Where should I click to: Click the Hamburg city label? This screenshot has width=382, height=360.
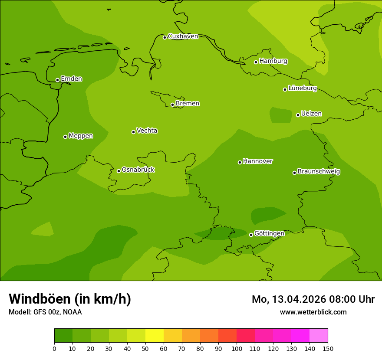point(273,61)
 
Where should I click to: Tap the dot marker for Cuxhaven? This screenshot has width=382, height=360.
point(165,37)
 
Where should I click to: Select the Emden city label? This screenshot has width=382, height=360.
point(71,79)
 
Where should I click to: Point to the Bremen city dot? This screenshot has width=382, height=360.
point(172,105)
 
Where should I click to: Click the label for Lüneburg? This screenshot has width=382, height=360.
point(302,88)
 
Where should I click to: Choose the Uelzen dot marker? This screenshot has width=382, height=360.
point(298,115)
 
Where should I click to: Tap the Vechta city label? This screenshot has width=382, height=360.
point(147,131)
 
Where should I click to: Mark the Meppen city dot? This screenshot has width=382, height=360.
point(65,137)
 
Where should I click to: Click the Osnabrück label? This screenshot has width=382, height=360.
point(138,170)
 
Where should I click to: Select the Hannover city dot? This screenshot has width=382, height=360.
point(240,162)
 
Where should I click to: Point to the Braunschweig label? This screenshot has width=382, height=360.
point(319,172)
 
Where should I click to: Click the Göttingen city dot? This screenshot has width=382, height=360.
point(251,235)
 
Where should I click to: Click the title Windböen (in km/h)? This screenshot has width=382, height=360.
point(70,299)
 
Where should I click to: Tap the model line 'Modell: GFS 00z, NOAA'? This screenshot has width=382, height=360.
point(45,312)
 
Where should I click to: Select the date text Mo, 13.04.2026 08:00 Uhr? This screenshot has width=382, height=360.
point(313,299)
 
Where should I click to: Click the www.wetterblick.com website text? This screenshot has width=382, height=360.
point(313,312)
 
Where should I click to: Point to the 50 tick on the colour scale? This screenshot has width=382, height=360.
point(145,348)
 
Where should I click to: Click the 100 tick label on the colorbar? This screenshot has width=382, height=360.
point(237,348)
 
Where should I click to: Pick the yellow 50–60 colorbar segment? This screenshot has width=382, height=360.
point(155,336)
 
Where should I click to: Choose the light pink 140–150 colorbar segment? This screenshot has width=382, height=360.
point(319,336)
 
